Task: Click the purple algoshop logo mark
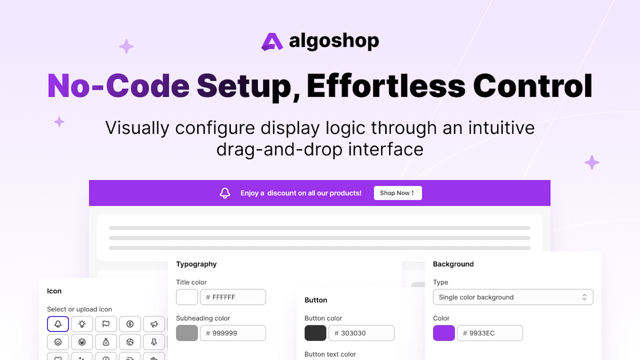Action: (272, 42)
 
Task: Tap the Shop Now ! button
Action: (398, 193)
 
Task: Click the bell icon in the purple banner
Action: (225, 193)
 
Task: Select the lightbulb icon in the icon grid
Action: (82, 324)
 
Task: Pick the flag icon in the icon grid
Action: (106, 324)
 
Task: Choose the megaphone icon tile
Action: (154, 324)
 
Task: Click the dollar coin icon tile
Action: (130, 324)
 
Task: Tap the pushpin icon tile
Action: (154, 342)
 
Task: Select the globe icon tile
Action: (130, 342)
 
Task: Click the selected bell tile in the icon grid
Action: (58, 324)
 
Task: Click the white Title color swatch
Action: (187, 297)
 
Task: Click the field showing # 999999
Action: (233, 333)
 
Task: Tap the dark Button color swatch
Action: (316, 333)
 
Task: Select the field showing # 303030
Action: (362, 333)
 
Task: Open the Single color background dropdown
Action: (513, 297)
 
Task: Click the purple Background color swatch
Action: (444, 333)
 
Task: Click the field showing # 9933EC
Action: (490, 333)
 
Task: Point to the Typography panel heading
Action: (196, 264)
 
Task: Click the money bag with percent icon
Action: (106, 342)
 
